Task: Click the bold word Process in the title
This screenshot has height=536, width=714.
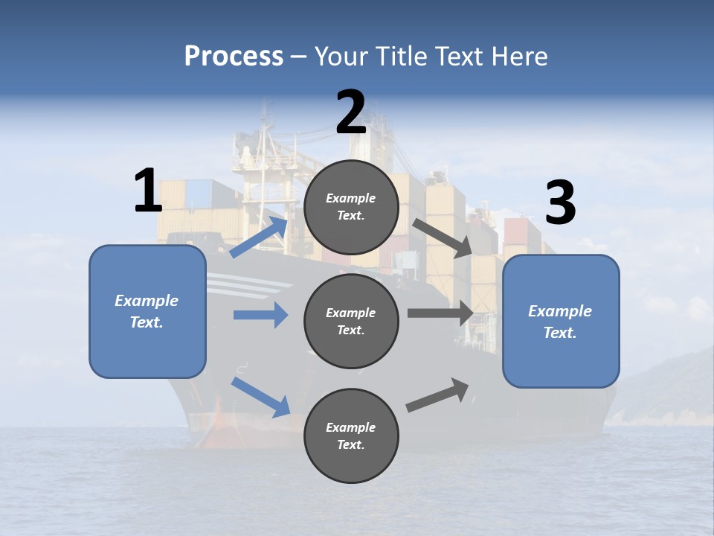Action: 234,56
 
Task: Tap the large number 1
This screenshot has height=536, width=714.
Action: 148,191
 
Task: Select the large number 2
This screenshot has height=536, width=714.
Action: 351,112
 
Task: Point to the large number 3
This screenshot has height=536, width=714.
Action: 561,203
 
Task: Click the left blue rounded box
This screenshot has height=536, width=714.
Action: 147,312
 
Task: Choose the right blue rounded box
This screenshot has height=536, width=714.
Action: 561,322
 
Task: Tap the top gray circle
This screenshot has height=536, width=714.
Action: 351,207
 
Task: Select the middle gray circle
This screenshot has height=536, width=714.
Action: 351,321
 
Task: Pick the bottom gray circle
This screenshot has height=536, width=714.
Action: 351,435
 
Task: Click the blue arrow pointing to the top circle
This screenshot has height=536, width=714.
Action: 260,237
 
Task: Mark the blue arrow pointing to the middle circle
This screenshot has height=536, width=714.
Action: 260,315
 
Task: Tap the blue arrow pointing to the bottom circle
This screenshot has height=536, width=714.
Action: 260,397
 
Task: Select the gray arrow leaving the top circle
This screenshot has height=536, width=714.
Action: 443,237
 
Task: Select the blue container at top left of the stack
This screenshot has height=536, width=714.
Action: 200,194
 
